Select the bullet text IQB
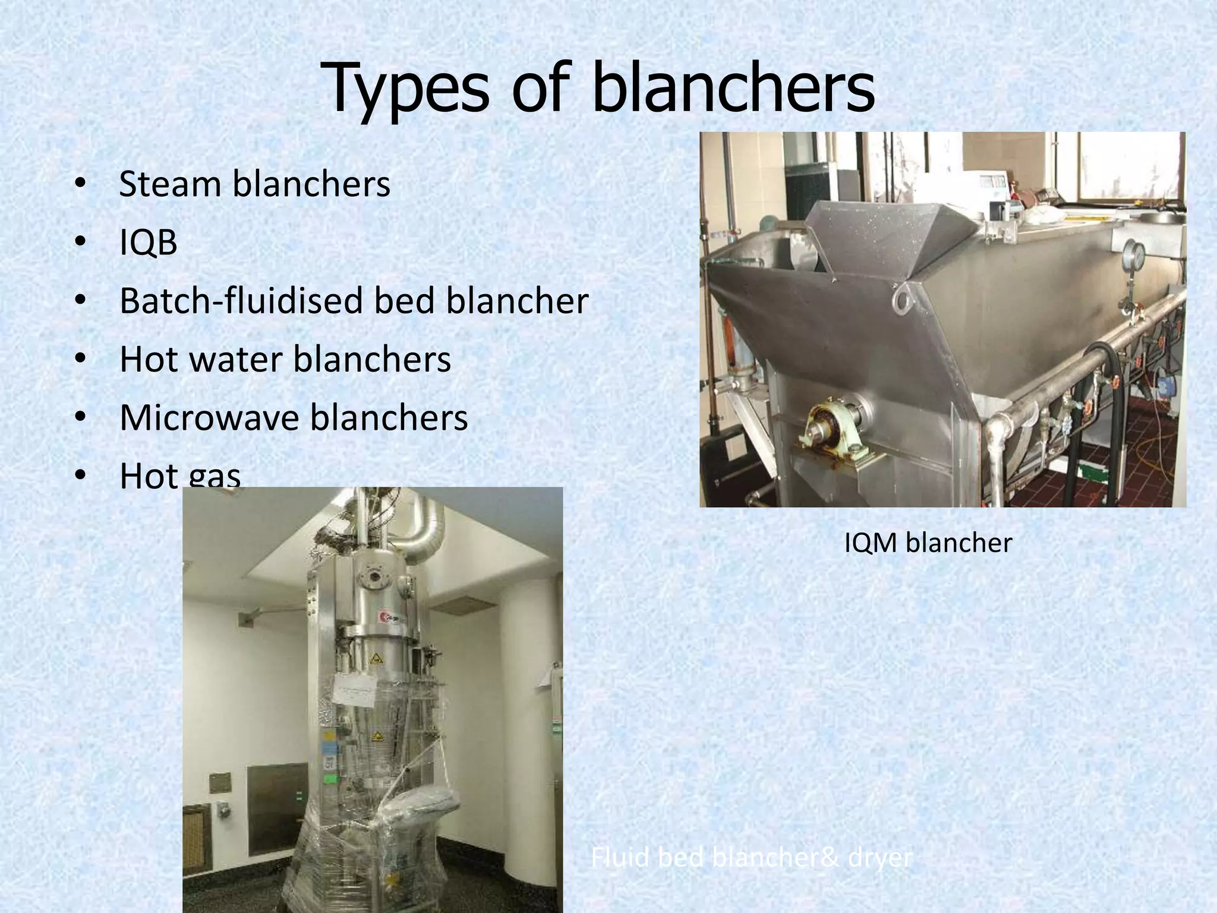[x=148, y=243]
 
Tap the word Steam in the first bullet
[x=170, y=184]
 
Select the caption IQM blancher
[x=928, y=543]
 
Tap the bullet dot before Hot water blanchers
[x=81, y=359]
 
